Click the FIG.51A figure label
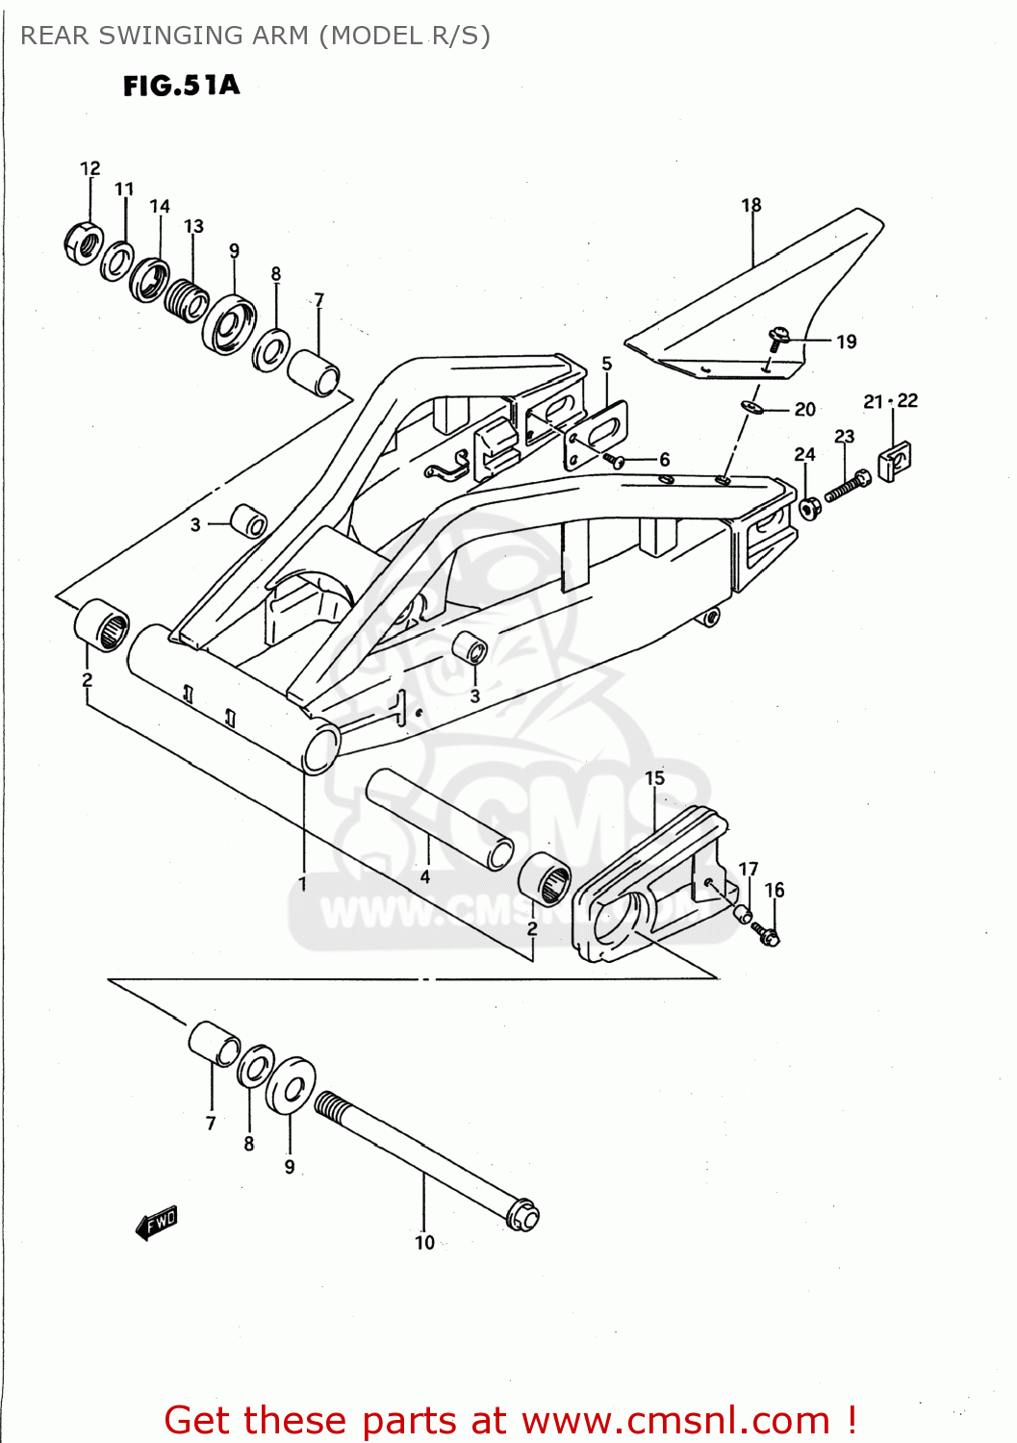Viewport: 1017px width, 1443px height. tap(181, 86)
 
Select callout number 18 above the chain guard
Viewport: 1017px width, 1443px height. tap(750, 205)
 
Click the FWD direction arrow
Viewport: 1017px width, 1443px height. tap(157, 1223)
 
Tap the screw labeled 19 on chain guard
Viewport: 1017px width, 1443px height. tap(777, 337)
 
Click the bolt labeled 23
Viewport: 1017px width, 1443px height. tap(847, 486)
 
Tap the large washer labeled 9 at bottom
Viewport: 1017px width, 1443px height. tap(291, 1086)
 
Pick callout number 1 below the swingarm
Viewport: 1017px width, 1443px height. tap(302, 883)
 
